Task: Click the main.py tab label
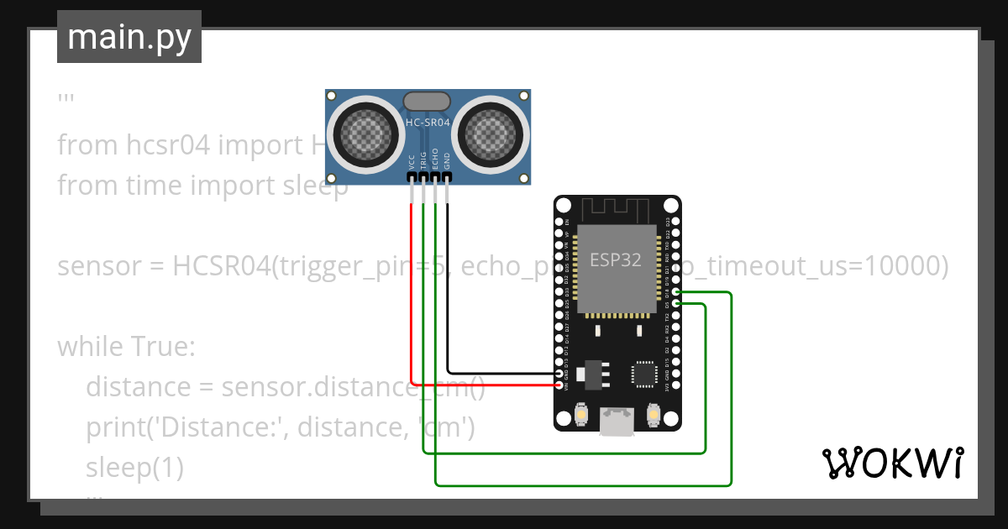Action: coord(129,37)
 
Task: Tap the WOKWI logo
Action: coord(891,463)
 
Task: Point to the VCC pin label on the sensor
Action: coord(412,160)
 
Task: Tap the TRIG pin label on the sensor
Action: coord(423,160)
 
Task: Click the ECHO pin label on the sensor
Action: coord(435,160)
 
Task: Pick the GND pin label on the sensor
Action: coord(447,160)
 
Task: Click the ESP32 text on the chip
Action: coord(616,260)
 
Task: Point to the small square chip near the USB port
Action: coord(643,374)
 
